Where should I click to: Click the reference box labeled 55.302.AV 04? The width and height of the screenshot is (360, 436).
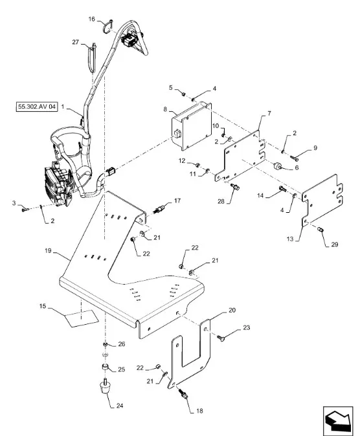(37, 107)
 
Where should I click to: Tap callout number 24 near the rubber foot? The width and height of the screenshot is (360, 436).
(119, 406)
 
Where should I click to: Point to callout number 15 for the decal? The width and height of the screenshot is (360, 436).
(43, 306)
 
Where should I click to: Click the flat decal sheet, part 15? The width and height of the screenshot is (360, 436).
(82, 318)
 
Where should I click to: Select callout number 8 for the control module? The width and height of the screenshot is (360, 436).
(165, 109)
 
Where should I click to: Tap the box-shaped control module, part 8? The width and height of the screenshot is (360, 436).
(191, 126)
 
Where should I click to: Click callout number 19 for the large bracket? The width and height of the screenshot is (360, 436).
(48, 250)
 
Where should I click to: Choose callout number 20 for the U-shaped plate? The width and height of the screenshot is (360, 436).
(232, 310)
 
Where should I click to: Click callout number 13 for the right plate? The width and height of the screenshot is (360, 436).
(290, 239)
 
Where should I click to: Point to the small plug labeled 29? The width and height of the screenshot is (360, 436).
(321, 230)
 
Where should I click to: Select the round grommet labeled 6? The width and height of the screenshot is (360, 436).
(278, 166)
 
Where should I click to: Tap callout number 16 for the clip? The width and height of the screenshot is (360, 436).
(92, 19)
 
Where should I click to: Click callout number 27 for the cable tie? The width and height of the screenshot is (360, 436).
(76, 42)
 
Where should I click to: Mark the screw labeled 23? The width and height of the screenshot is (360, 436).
(221, 338)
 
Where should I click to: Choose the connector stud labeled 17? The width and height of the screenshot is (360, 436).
(159, 209)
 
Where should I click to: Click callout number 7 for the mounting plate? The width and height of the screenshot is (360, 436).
(269, 113)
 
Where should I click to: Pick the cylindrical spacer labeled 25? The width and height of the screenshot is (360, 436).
(106, 367)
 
